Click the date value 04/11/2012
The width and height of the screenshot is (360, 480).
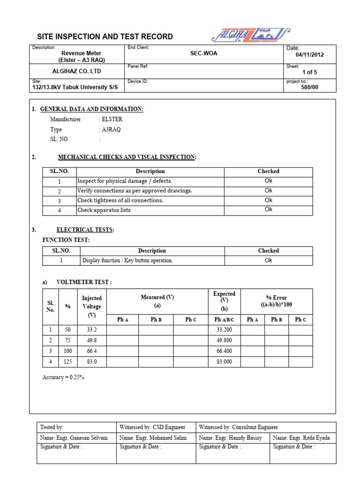point(309,55)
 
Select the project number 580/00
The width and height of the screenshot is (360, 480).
point(309,87)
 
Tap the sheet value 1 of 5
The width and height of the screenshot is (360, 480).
point(310,72)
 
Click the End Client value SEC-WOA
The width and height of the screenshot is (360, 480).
point(203,53)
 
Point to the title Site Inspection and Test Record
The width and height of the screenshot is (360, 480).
point(105,37)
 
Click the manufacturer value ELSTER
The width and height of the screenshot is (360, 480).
point(112,120)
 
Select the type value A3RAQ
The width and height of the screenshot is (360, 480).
point(111,130)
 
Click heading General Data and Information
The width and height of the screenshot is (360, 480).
point(91,109)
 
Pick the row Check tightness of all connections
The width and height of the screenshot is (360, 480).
point(120,201)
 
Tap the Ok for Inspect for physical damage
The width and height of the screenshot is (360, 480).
point(268,181)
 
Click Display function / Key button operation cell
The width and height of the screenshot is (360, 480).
point(127,261)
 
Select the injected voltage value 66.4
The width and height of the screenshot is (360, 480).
point(91,351)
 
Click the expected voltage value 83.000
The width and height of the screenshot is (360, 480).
point(224,361)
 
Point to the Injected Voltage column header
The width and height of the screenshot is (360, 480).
point(91,306)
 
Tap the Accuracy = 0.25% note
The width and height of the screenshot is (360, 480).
point(63,377)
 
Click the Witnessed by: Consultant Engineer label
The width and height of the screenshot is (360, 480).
point(238,427)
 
